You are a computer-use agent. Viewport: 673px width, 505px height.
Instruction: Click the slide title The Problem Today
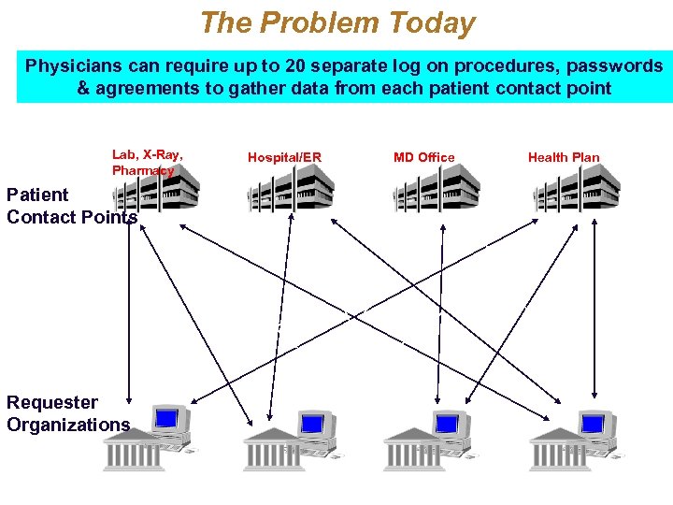pyautogui.click(x=337, y=22)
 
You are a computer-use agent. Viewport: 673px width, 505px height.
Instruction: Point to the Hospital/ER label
pyautogui.click(x=284, y=157)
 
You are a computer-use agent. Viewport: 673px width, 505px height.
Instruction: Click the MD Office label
pyautogui.click(x=424, y=157)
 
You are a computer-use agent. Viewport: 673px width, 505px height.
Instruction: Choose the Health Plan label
pyautogui.click(x=564, y=157)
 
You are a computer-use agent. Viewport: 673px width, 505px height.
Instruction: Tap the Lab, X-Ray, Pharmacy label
pyautogui.click(x=147, y=163)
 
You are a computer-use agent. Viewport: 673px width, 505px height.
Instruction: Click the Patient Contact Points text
pyautogui.click(x=71, y=206)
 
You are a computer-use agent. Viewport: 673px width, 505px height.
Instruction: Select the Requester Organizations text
pyautogui.click(x=68, y=413)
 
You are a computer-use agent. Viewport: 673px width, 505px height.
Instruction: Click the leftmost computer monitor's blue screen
pyautogui.click(x=167, y=417)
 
